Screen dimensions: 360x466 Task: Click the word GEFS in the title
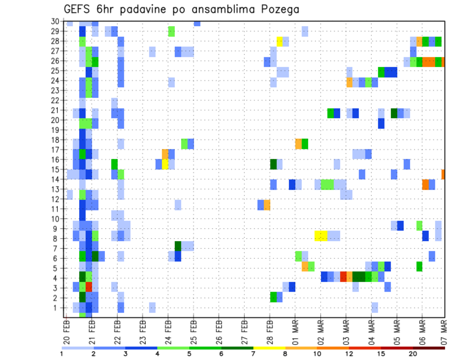click(77, 9)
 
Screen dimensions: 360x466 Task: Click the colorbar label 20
click(413, 354)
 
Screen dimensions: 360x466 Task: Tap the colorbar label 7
click(253, 354)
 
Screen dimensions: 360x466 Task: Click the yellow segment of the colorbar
click(269, 348)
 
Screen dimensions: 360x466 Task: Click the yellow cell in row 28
click(280, 41)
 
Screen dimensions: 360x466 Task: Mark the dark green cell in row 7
click(178, 246)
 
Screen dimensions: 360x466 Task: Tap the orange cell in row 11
click(267, 204)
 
